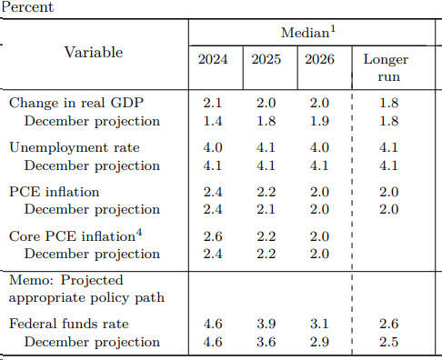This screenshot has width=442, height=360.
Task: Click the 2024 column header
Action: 213,59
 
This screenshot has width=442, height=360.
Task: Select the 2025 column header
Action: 266,59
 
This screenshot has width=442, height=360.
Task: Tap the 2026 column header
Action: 319,59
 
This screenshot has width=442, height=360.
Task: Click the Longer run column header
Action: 387,68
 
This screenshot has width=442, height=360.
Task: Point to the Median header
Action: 308,32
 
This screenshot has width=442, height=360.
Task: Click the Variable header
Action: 94,52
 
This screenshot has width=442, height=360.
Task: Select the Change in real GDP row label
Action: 76,103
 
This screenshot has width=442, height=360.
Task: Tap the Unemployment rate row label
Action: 75,148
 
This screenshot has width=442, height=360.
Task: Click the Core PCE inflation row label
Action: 75,236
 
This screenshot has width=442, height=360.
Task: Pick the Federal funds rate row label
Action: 69,324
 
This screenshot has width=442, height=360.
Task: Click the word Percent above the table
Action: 27,7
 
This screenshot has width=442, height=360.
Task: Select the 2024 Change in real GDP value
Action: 213,103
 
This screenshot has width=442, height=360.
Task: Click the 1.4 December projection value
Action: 213,121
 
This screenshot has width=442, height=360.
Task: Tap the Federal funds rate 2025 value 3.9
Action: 266,324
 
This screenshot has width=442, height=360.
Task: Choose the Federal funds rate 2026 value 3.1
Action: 319,324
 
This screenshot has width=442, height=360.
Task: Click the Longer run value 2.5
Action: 389,342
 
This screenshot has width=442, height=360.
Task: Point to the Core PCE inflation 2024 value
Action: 213,236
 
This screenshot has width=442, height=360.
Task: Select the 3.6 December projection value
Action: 266,342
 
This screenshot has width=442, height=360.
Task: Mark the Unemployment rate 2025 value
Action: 266,147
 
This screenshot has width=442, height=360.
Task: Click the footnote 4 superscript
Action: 139,233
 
